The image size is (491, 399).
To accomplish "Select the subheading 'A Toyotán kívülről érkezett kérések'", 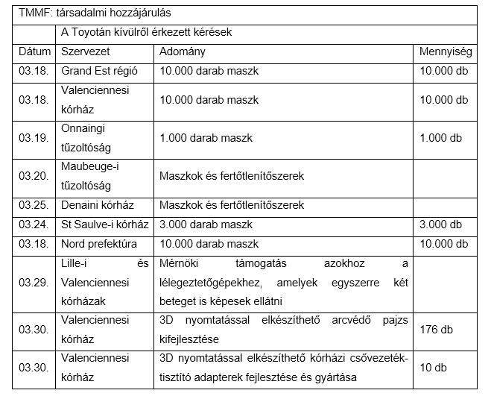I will [148, 33].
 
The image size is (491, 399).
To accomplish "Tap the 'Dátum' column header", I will [35, 52].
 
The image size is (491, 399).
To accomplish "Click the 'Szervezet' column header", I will [85, 52].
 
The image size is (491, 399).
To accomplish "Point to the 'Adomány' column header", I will [183, 52].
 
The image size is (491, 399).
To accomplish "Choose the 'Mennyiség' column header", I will [446, 52].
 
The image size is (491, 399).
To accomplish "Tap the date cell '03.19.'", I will [34, 138].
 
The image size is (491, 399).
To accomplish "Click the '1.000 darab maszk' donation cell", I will [206, 138].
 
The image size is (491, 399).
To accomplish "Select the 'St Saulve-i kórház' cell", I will [105, 224].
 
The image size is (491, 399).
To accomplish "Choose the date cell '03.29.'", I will [34, 283].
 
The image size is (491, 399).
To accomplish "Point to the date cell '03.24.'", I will [34, 224].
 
